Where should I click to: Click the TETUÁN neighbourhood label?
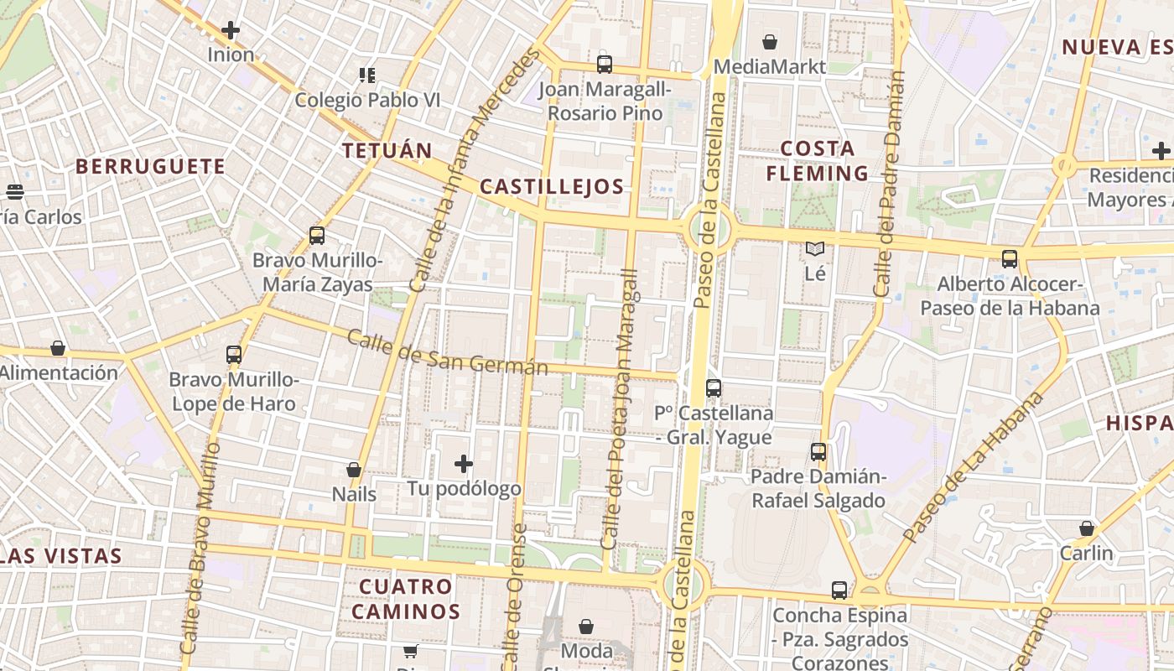point(387,151)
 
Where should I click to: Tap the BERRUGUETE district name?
point(151,166)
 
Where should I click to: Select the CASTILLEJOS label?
point(553,186)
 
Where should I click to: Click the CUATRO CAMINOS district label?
point(406,598)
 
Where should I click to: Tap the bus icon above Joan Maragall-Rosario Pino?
point(605,64)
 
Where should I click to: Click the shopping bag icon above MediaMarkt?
point(770,41)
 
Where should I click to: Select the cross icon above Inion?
point(231,30)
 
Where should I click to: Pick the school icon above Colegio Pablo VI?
point(366,75)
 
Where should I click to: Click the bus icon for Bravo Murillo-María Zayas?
point(317,236)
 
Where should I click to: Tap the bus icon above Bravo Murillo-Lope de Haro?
point(234,355)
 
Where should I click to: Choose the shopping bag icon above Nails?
point(354,470)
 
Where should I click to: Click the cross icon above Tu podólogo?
point(464,463)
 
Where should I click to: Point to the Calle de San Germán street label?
point(447,353)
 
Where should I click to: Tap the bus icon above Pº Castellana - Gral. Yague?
point(714,388)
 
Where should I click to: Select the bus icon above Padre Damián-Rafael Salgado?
point(818,452)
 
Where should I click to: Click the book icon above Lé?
point(815,248)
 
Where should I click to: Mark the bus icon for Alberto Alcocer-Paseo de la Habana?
point(1010,259)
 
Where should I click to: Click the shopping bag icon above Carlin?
point(1087,528)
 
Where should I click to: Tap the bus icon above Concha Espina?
point(839,590)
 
